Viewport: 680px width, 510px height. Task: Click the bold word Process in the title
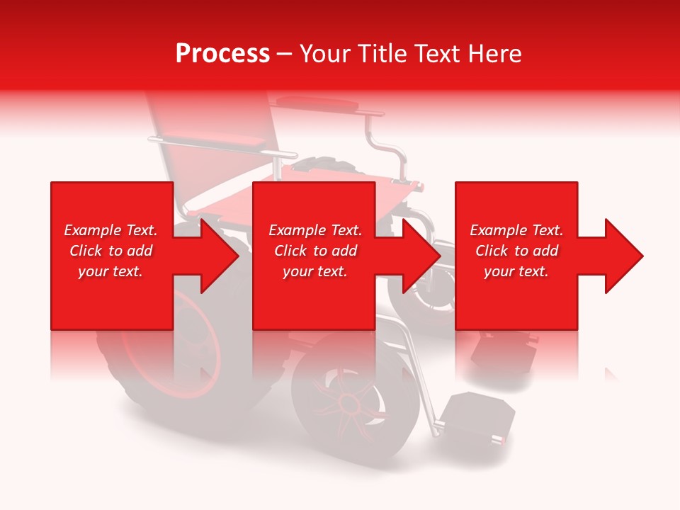click(222, 54)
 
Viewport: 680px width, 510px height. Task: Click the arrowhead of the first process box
click(220, 256)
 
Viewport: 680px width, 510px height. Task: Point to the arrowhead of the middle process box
click(422, 256)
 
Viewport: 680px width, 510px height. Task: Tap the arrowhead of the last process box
click(624, 256)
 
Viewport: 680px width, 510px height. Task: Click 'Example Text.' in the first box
click(110, 230)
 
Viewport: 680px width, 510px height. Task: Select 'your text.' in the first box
click(110, 271)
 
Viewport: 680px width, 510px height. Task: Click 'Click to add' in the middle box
click(315, 251)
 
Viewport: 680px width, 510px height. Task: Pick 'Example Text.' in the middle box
click(315, 230)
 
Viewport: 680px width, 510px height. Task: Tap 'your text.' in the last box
click(516, 271)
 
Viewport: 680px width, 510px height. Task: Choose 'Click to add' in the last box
click(516, 251)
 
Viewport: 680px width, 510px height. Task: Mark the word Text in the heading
click(441, 54)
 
